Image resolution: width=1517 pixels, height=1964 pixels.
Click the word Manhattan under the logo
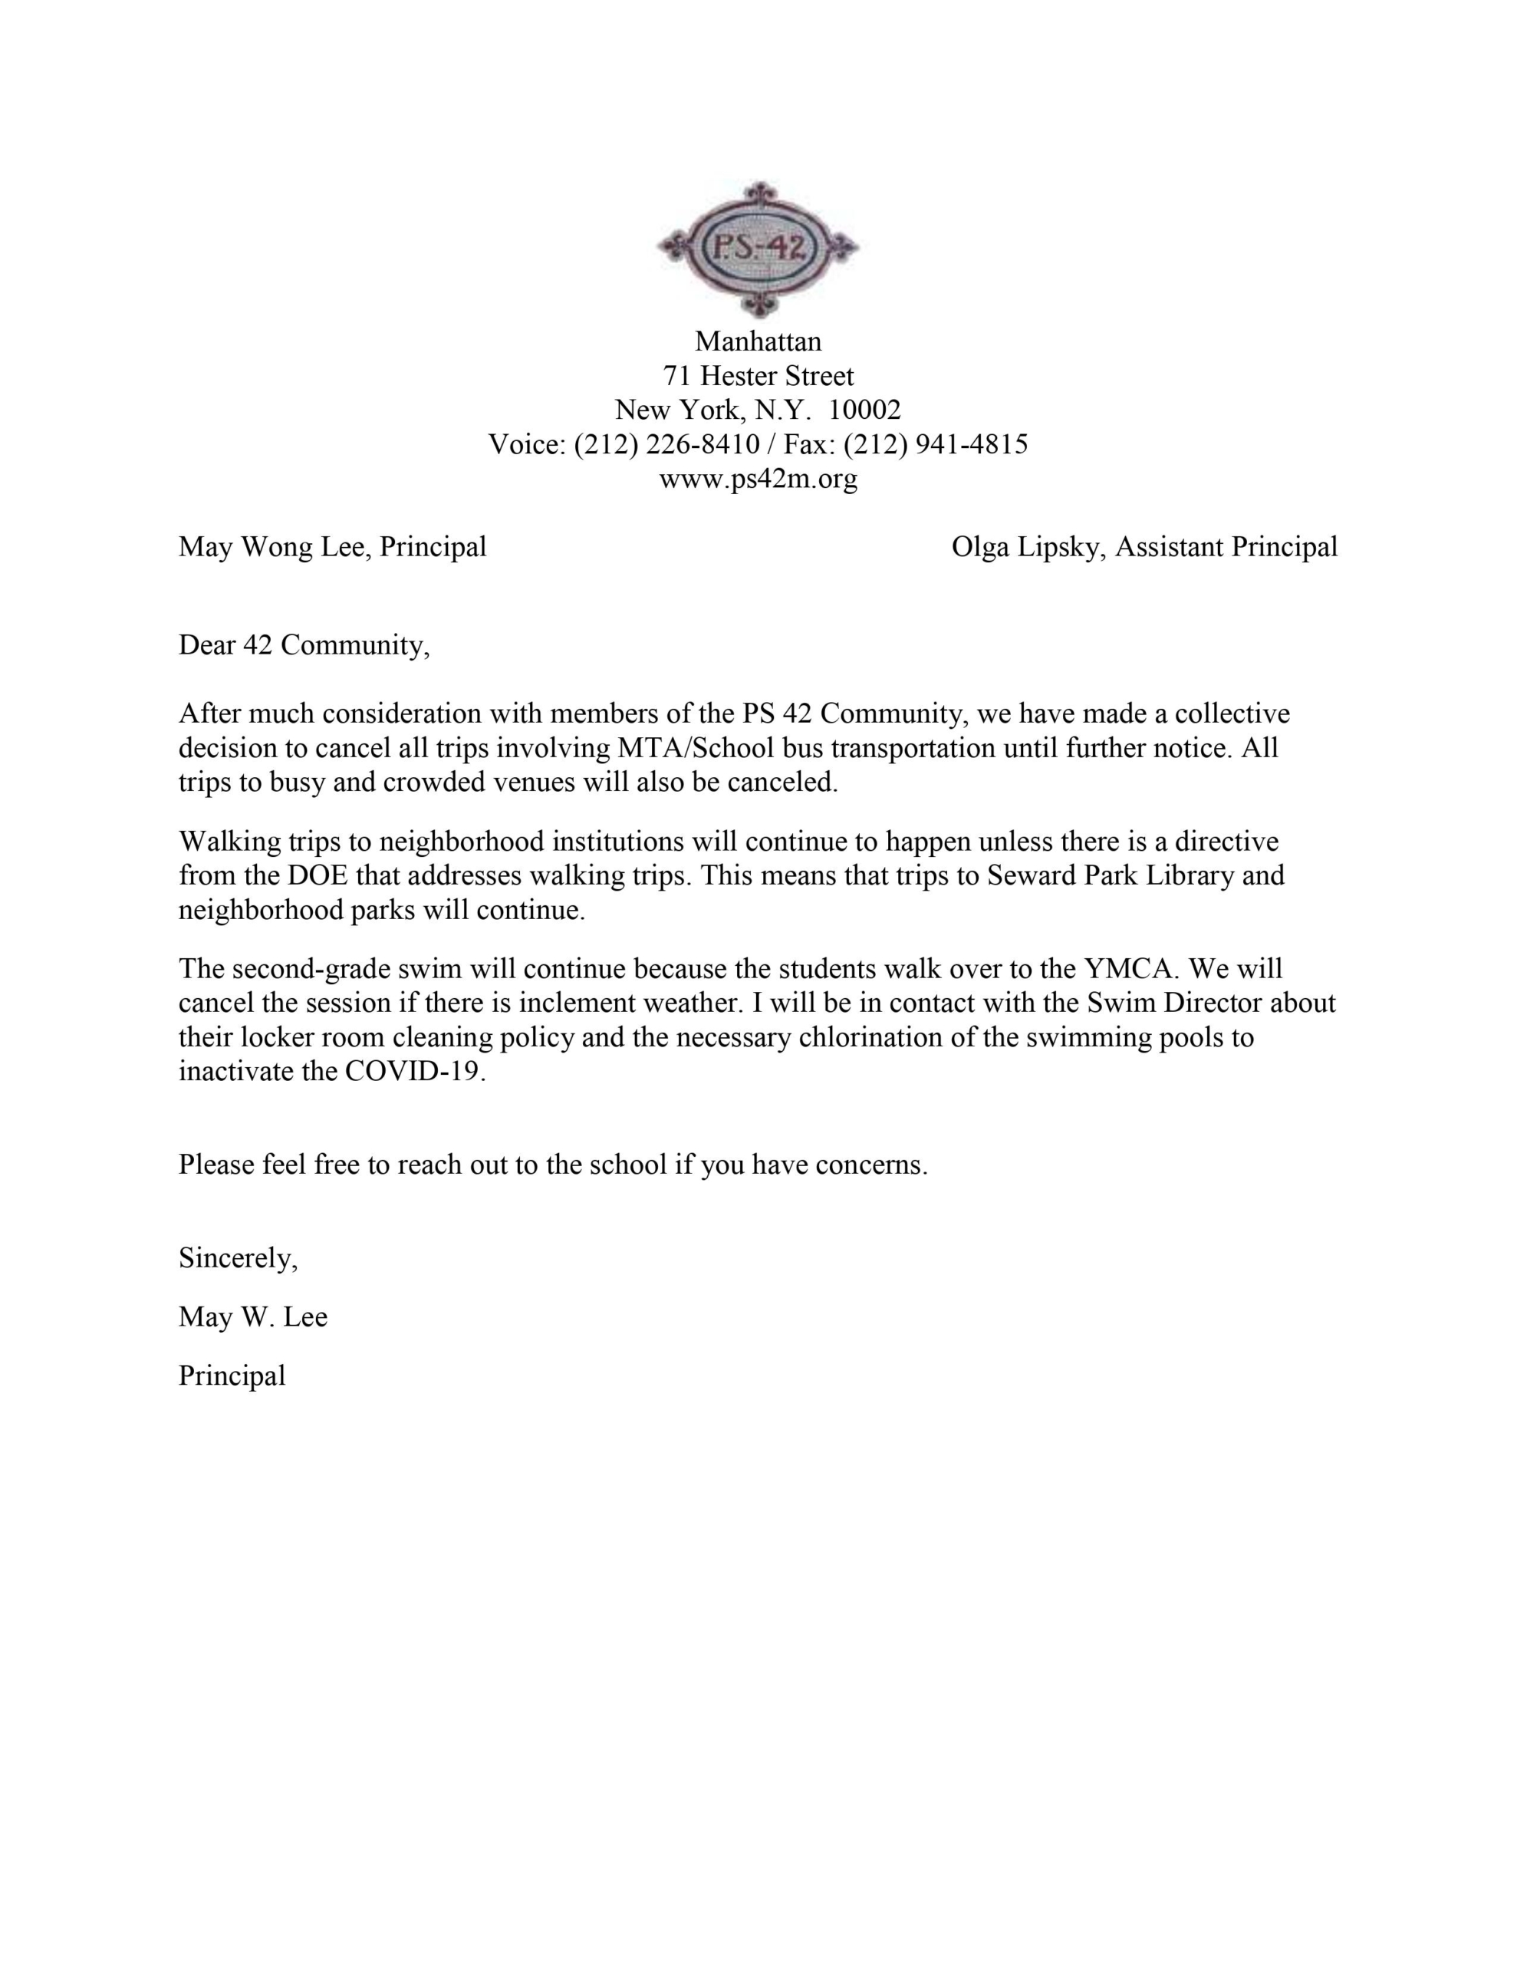coord(758,341)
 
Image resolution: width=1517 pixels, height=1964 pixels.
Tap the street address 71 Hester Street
coord(758,376)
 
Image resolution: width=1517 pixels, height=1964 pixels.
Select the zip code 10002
coord(864,410)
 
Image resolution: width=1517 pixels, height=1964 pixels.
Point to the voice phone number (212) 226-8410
coord(666,444)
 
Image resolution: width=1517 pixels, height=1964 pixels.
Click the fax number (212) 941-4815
coord(935,444)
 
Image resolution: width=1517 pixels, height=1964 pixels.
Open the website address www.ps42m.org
coord(758,479)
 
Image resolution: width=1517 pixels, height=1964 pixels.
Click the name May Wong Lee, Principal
coord(333,547)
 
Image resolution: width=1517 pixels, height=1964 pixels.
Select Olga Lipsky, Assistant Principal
coord(1144,547)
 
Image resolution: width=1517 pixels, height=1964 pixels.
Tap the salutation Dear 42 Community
coord(303,646)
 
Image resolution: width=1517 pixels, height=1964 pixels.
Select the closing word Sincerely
coord(238,1258)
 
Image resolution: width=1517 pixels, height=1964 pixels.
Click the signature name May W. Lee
coord(252,1317)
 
